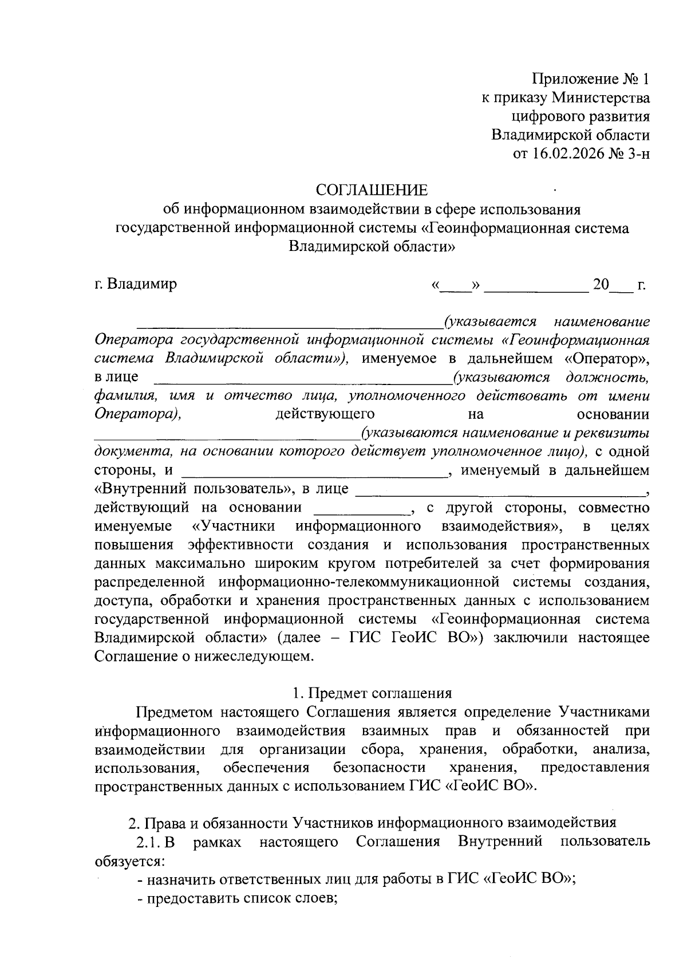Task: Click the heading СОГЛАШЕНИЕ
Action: click(x=372, y=190)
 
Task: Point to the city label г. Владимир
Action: click(x=136, y=284)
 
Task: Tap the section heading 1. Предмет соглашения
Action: click(x=372, y=693)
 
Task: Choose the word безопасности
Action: click(x=380, y=768)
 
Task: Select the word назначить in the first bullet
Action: click(x=184, y=879)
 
